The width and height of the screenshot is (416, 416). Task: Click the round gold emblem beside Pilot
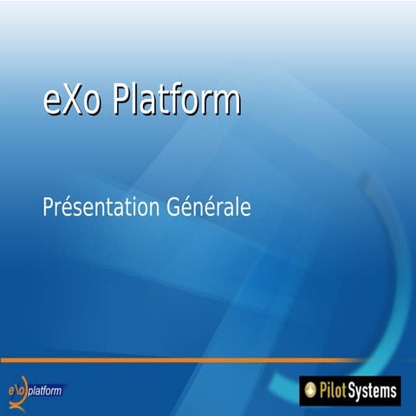311,391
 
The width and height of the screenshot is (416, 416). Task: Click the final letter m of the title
226,103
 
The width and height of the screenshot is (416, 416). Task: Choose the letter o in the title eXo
93,103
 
